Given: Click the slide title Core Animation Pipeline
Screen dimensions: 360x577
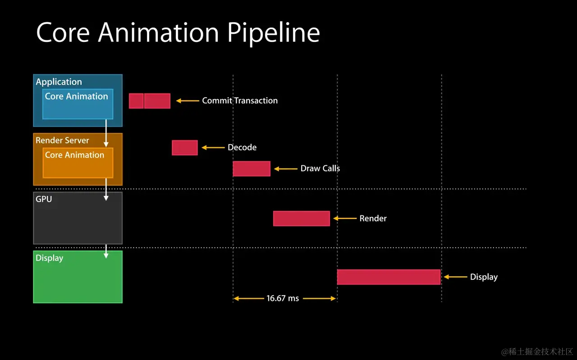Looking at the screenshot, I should point(178,32).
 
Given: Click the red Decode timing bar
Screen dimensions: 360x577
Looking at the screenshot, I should point(184,148).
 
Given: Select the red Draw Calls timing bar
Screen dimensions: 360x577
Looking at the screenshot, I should point(252,169).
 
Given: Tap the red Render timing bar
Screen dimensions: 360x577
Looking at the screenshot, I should point(301,219).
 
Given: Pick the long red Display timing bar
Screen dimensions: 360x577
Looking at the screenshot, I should point(389,277).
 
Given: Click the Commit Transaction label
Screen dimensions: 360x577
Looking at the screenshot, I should point(240,100).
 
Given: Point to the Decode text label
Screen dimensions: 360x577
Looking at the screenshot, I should point(242,147).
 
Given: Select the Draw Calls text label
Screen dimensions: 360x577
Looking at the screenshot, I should point(320,169).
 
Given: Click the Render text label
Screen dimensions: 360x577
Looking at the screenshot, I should point(373,219).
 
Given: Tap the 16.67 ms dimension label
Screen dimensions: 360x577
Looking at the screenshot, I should point(283,298).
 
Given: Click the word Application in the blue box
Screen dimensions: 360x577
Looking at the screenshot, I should point(59,82).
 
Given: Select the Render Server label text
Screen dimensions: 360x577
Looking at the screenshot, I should point(62,141).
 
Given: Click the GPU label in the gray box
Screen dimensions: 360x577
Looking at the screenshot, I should point(44,199).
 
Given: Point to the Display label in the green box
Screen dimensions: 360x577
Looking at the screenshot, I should point(49,258).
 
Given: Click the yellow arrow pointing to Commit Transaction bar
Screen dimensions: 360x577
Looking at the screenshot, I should point(188,101).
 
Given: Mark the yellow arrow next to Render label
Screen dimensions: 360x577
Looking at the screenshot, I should point(345,219).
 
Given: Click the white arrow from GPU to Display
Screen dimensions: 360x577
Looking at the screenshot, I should point(106,251).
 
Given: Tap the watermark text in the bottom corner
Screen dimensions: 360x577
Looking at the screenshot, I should point(537,351).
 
